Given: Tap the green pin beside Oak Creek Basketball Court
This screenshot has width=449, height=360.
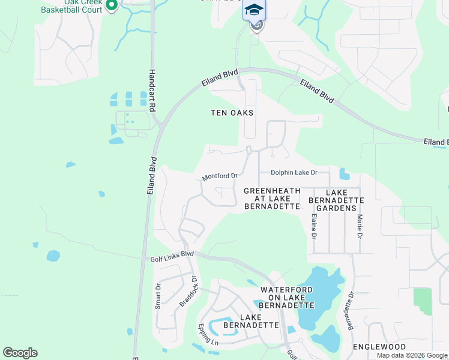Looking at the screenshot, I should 111,5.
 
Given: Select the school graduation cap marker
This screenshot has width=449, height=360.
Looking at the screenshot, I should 254,10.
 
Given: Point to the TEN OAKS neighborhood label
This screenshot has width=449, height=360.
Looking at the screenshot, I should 232,113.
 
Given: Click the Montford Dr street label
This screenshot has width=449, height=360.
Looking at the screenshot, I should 220,176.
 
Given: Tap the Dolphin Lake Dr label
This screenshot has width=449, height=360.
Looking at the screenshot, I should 293,172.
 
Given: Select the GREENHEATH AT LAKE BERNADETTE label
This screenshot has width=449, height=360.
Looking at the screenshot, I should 272,199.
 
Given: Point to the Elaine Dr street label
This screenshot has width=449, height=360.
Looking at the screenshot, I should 313,226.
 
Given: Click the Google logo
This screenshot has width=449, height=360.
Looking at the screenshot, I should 20,353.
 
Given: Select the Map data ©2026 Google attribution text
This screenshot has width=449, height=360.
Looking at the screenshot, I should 412,355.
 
